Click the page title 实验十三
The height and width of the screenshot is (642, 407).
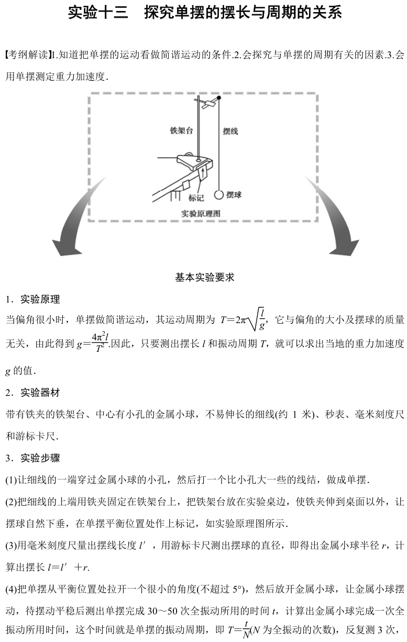[98, 13]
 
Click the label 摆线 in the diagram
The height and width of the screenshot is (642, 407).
[230, 131]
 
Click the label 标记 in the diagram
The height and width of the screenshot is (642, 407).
[196, 198]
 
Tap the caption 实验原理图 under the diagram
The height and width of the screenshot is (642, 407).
[201, 213]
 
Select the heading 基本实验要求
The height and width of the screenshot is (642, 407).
[204, 278]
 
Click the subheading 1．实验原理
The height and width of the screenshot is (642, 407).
[32, 300]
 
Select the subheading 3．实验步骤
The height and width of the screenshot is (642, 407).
[32, 458]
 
